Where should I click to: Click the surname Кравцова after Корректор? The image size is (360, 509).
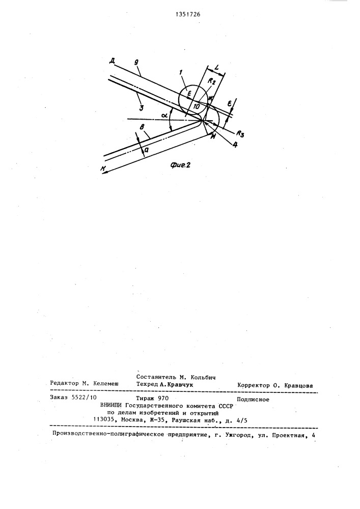coord(295,385)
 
